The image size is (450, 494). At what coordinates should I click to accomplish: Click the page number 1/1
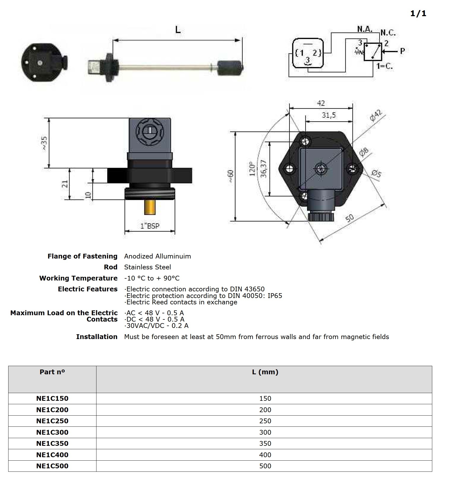pos(418,14)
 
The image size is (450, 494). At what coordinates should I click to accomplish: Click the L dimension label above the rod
pos(178,30)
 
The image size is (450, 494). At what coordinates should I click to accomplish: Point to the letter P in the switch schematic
pos(402,51)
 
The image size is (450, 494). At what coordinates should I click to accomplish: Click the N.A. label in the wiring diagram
pos(365,29)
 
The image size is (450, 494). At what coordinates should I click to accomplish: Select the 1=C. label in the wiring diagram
pos(385,66)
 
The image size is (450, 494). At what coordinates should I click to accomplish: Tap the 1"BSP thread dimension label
pos(150,226)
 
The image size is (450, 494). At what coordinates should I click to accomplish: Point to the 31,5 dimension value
pos(329,115)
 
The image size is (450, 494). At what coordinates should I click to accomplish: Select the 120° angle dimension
pos(252,169)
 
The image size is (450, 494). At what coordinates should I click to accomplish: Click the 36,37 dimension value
pos(264,169)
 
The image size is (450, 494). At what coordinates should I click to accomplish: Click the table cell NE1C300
pos(52,432)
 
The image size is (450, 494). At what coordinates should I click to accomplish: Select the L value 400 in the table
pos(265,455)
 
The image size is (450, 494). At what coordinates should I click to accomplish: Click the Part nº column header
pos(52,372)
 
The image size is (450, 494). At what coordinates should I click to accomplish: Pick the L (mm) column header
pos(265,372)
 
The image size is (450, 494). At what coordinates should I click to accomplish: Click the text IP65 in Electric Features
pos(275,296)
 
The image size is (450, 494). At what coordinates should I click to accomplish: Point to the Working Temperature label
pos(78,278)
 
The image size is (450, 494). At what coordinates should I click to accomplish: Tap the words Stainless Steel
pos(147,267)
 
